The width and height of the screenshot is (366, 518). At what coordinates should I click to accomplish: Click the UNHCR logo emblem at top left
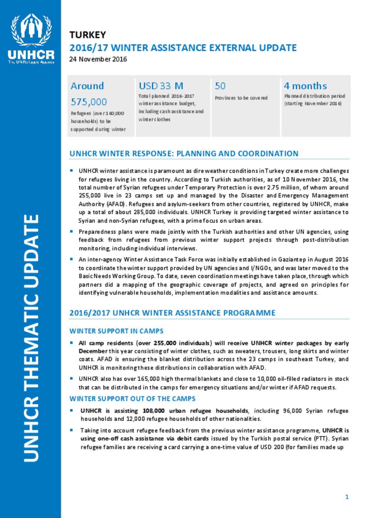tap(31, 30)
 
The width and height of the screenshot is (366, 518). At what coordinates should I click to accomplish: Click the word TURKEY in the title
tap(88, 35)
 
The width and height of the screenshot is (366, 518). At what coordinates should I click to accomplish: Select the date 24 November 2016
tap(98, 59)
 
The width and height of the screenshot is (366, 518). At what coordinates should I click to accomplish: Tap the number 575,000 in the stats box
tap(89, 102)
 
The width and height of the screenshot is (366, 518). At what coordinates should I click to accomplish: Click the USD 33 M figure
tap(161, 86)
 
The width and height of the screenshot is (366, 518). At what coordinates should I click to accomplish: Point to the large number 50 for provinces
tap(220, 86)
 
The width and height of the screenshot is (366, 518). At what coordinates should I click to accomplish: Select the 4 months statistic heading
tap(305, 86)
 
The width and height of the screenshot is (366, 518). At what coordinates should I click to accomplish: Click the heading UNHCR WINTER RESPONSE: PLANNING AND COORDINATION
tap(184, 154)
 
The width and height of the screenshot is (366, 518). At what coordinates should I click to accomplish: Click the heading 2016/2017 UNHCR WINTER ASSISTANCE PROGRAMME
tap(172, 313)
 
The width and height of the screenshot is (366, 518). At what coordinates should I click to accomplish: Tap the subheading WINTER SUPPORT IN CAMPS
tap(116, 331)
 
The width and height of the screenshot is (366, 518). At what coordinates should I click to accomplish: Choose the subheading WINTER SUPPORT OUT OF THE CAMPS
tap(132, 399)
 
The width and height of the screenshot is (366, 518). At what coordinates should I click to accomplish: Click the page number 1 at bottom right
tap(347, 497)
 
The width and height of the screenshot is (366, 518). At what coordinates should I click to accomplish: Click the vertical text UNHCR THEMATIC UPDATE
tap(31, 338)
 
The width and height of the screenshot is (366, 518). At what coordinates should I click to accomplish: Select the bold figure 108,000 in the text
tap(153, 411)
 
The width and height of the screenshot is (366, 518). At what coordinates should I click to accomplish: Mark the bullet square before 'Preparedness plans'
tap(72, 231)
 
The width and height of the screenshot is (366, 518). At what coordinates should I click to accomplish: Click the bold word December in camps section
tap(93, 351)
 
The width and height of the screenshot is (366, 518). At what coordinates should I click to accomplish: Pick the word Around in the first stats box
tap(87, 86)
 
